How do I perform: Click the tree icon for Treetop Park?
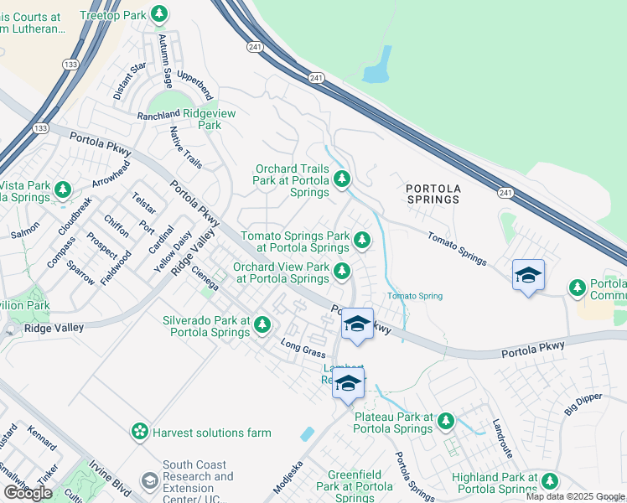pyautogui.click(x=158, y=14)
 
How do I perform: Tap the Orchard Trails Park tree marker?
pyautogui.click(x=341, y=179)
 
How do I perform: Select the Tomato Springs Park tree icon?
pyautogui.click(x=362, y=241)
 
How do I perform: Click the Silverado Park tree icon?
pyautogui.click(x=262, y=324)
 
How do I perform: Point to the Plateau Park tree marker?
pyautogui.click(x=446, y=420)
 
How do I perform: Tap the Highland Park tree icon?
pyautogui.click(x=550, y=480)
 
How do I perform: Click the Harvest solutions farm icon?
pyautogui.click(x=139, y=432)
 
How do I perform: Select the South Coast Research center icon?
pyautogui.click(x=150, y=480)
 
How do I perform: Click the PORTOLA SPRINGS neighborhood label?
pyautogui.click(x=433, y=194)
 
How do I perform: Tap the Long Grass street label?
pyautogui.click(x=301, y=348)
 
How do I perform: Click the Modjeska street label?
pyautogui.click(x=288, y=476)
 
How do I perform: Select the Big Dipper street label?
pyautogui.click(x=583, y=404)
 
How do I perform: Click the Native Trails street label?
pyautogui.click(x=185, y=148)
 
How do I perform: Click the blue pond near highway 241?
pyautogui.click(x=378, y=65)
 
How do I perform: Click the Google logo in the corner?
pyautogui.click(x=28, y=492)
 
